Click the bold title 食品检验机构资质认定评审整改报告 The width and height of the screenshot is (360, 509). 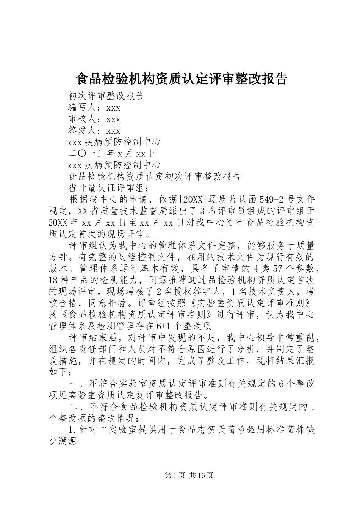pos(182,79)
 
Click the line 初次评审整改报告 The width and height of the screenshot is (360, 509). pos(106,96)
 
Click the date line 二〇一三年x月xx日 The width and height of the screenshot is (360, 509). pos(112,154)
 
